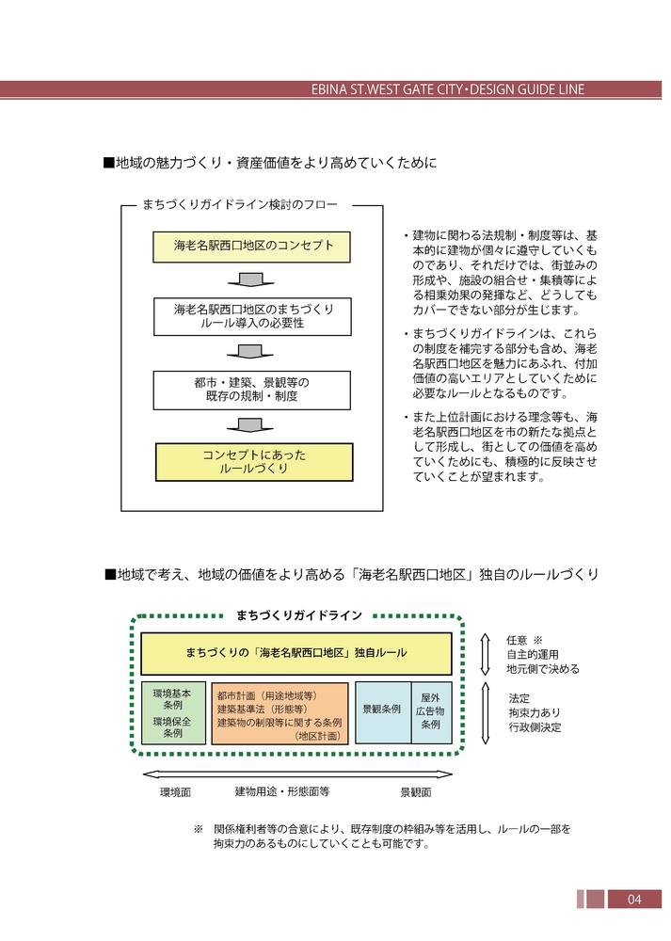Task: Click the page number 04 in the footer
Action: click(x=633, y=900)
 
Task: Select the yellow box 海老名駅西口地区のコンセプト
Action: click(x=251, y=247)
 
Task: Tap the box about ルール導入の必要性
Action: click(x=251, y=316)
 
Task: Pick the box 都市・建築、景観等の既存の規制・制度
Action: click(x=251, y=390)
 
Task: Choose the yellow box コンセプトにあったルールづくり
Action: click(x=253, y=461)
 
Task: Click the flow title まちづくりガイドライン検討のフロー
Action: click(x=239, y=203)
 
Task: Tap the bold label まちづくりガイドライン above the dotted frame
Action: click(x=299, y=615)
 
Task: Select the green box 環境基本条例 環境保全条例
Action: click(x=172, y=712)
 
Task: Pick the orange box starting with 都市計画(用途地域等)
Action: click(x=280, y=712)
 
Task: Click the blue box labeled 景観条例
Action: click(x=382, y=710)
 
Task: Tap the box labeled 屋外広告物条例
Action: click(x=431, y=711)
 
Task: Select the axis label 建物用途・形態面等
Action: click(x=281, y=792)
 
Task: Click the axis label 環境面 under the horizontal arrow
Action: click(x=175, y=792)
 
